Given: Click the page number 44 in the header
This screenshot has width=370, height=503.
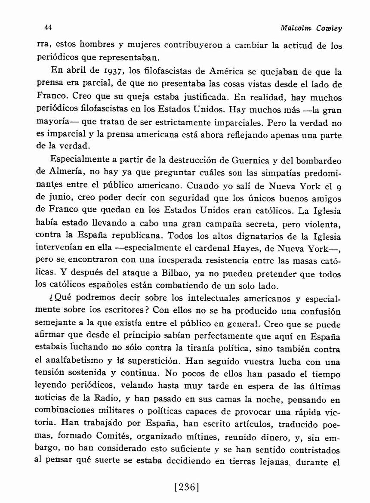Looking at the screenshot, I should [x=48, y=28].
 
